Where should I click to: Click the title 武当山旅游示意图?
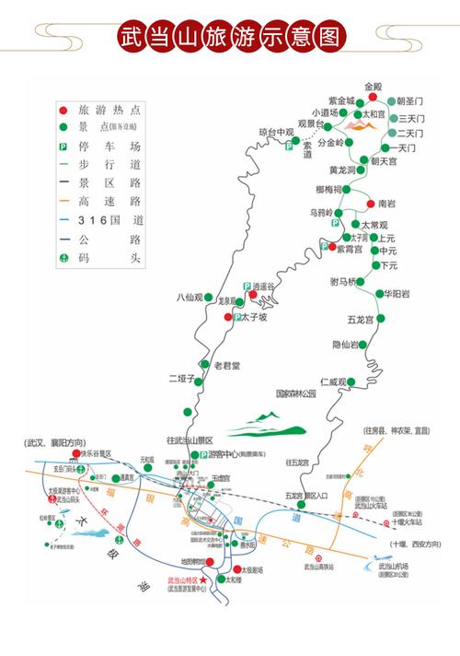coord(230,38)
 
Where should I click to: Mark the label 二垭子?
coord(182,379)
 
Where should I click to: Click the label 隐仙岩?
coord(345,345)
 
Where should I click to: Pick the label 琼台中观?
coord(274,132)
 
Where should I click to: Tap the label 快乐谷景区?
coord(95,454)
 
